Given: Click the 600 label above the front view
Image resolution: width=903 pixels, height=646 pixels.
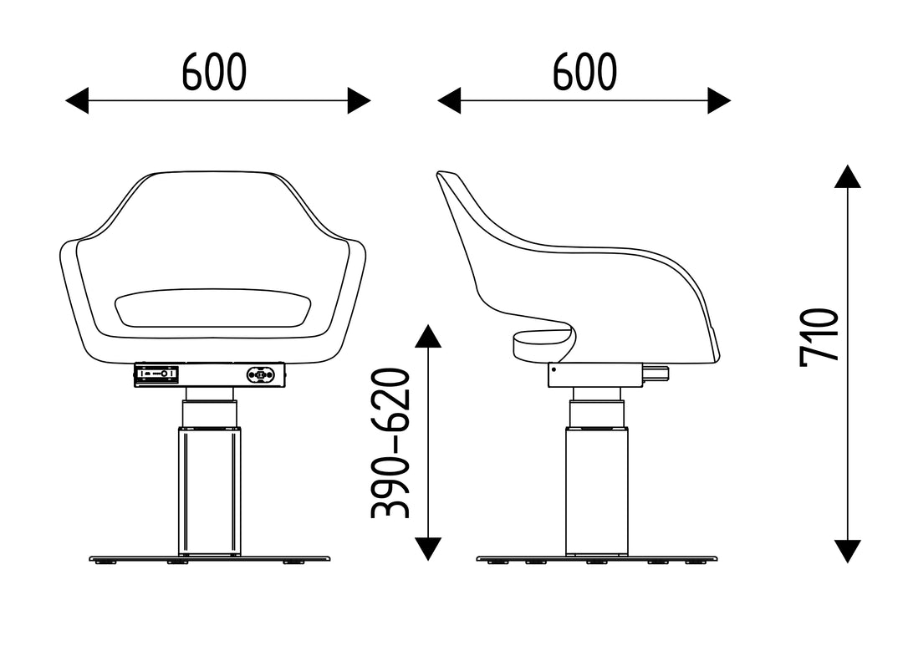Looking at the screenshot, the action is [214, 72].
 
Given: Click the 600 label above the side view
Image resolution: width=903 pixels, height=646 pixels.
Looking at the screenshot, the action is [584, 72].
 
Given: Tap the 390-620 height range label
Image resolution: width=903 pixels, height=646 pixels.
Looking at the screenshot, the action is [390, 443].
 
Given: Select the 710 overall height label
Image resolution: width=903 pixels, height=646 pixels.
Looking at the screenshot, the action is [819, 338].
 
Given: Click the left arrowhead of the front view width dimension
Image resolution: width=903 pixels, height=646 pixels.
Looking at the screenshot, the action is [77, 101].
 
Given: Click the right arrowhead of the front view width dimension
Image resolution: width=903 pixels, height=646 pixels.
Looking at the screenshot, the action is [360, 101].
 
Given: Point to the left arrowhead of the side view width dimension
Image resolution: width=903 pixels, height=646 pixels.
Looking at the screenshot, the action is [449, 101].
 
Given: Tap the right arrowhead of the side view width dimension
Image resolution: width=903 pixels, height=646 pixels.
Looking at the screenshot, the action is [719, 101].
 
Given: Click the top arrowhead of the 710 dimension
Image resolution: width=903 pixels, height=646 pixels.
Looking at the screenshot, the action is [848, 176].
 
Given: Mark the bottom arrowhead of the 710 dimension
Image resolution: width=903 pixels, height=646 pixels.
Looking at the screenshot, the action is [848, 552].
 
